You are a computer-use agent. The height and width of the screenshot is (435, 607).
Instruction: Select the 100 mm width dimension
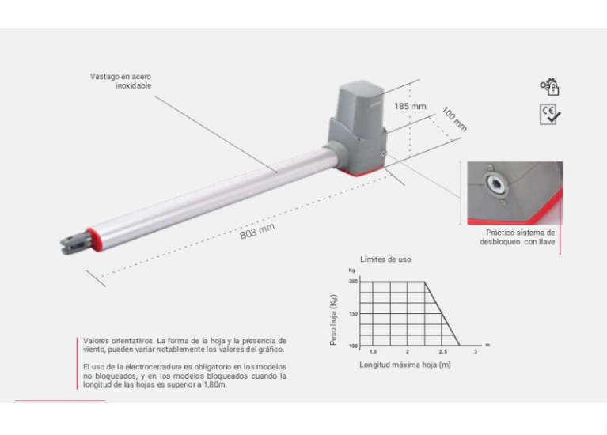click(454, 118)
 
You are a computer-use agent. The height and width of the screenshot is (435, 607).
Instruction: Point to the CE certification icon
click(549, 115)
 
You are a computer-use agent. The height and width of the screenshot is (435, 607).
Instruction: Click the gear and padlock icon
click(549, 87)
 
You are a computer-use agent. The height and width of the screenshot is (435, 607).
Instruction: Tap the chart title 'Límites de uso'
click(385, 259)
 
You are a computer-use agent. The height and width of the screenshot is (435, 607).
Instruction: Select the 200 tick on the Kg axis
click(353, 282)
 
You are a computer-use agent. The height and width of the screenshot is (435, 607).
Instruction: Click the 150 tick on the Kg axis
click(353, 314)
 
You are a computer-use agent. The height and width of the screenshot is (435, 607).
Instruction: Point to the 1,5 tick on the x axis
click(373, 351)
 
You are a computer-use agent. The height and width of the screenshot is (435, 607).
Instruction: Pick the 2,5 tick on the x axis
click(442, 351)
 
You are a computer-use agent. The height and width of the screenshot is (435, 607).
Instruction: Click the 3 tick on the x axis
click(476, 351)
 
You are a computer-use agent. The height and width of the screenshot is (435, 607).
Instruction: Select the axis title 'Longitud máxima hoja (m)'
click(405, 364)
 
